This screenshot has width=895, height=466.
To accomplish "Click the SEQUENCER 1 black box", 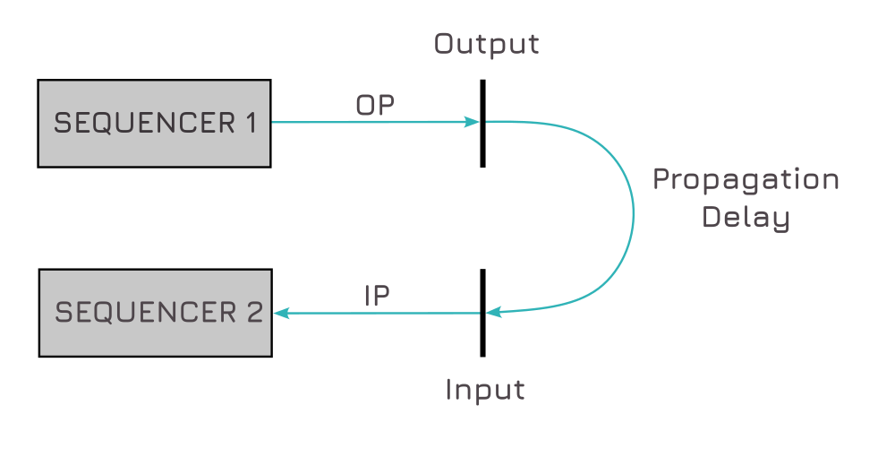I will [x=154, y=124].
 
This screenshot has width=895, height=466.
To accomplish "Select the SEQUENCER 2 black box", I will [x=154, y=313].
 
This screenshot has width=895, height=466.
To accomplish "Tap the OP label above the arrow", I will [x=375, y=105].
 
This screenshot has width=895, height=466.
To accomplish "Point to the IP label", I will [x=377, y=296].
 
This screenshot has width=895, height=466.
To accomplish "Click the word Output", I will [x=487, y=44].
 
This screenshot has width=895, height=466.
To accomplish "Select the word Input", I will [x=484, y=390].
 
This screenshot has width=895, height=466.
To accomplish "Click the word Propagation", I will [x=746, y=181].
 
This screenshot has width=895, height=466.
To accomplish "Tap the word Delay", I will [x=746, y=218].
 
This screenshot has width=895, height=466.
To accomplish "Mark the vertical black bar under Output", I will [x=482, y=143].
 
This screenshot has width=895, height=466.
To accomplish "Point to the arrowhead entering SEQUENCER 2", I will [x=281, y=313].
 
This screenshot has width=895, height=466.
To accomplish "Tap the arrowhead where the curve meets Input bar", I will [x=493, y=312].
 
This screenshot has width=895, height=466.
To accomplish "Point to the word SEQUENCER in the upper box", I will [x=143, y=124].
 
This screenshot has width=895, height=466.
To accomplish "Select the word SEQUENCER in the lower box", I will [x=143, y=313].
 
